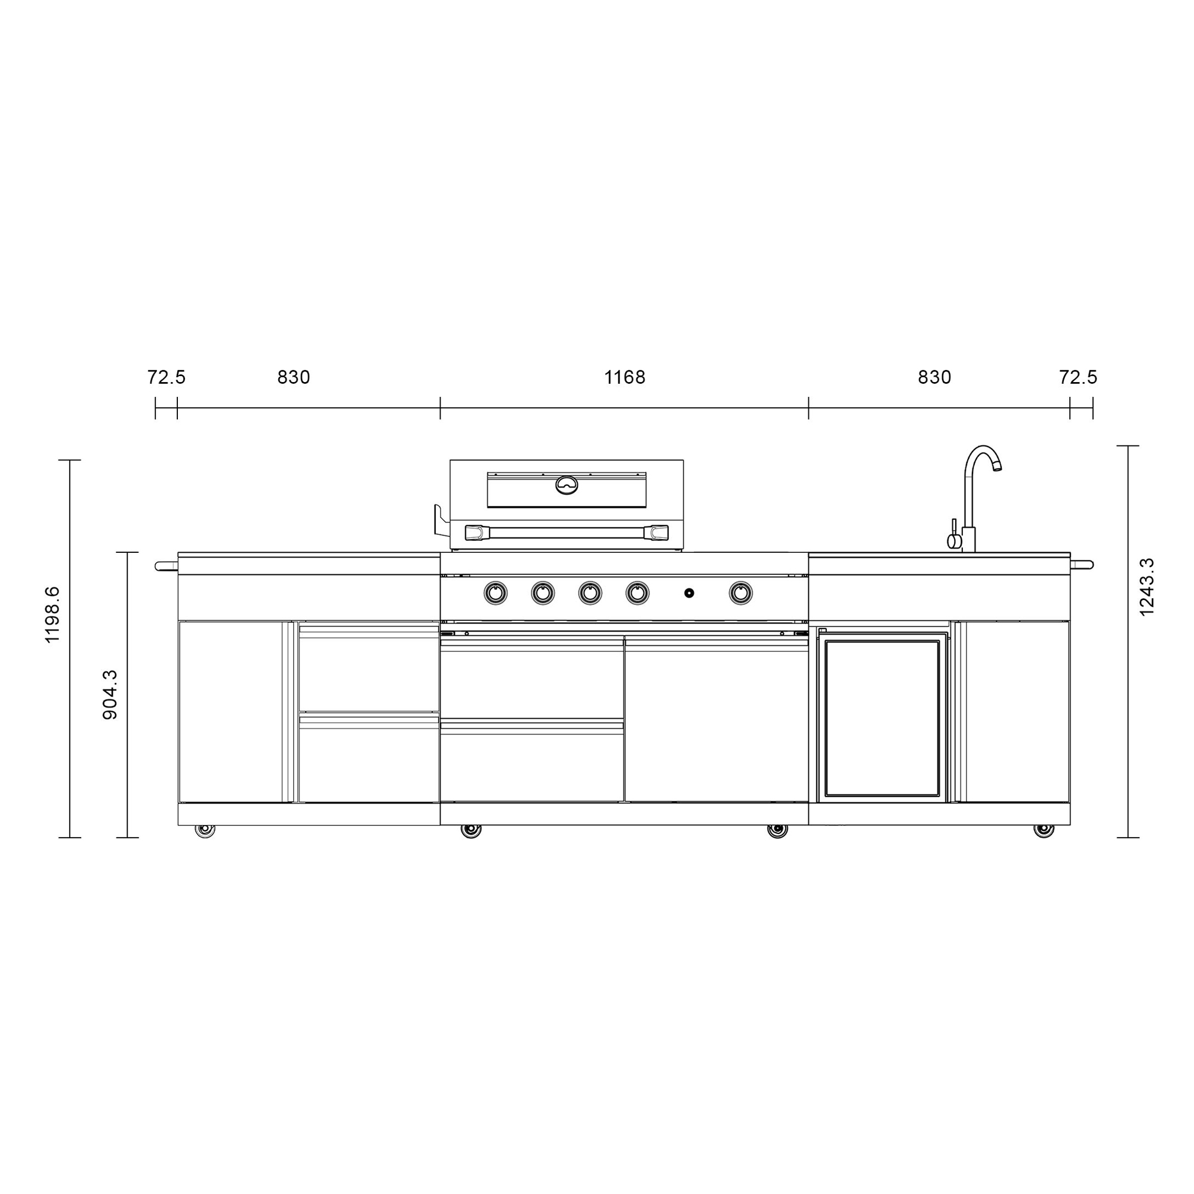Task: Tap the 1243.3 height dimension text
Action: click(1146, 586)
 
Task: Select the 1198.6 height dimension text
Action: click(53, 615)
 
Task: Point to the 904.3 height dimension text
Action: click(110, 695)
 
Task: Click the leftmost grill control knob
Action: click(495, 593)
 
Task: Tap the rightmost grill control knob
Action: click(740, 593)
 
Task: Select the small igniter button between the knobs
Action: click(689, 593)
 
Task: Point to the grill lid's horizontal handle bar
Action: click(566, 532)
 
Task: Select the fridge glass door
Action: click(882, 719)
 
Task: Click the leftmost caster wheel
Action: click(205, 830)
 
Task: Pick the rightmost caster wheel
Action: click(1044, 830)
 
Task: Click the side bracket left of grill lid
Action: click(440, 521)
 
